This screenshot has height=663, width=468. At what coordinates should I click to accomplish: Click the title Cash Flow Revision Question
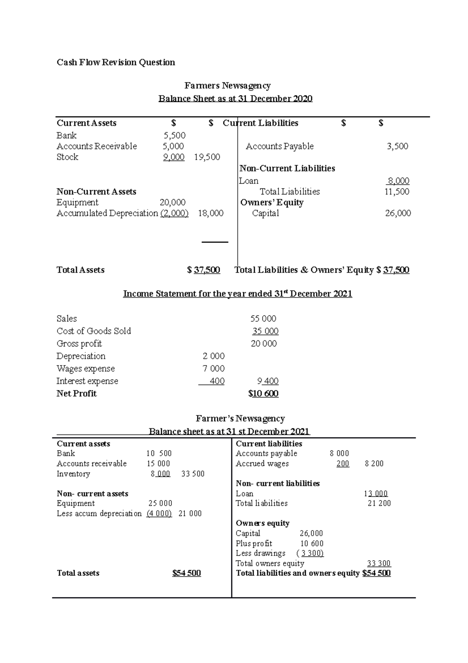tap(116, 62)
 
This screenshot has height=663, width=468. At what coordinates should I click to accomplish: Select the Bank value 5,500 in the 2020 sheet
tap(174, 135)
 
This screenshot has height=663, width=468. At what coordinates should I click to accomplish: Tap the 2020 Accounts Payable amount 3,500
tap(397, 146)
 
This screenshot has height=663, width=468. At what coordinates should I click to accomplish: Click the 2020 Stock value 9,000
tap(174, 157)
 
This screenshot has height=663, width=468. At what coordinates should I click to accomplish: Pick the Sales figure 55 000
tap(263, 319)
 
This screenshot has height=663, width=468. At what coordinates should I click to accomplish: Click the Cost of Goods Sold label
tap(94, 331)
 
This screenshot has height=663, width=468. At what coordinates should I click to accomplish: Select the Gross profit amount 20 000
tap(264, 344)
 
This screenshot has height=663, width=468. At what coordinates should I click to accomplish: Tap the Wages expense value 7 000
tap(214, 369)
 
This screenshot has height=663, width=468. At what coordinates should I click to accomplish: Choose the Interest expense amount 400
tap(217, 381)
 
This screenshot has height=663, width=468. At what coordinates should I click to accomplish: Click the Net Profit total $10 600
tap(263, 394)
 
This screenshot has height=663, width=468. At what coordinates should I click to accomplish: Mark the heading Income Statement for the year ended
tap(238, 294)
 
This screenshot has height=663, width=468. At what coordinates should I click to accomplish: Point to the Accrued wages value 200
tap(343, 464)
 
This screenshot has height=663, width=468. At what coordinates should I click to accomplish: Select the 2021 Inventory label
tap(73, 474)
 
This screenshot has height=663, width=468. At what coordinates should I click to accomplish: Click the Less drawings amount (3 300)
tap(310, 553)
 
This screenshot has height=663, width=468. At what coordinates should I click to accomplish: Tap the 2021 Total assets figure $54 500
tap(186, 573)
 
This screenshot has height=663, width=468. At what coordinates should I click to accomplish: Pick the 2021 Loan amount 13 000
tap(376, 494)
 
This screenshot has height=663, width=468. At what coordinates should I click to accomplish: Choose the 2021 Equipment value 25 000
tap(160, 503)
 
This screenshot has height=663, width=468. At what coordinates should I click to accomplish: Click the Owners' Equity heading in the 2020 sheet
tap(272, 202)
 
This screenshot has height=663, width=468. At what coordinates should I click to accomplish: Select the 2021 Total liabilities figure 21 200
tap(379, 503)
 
